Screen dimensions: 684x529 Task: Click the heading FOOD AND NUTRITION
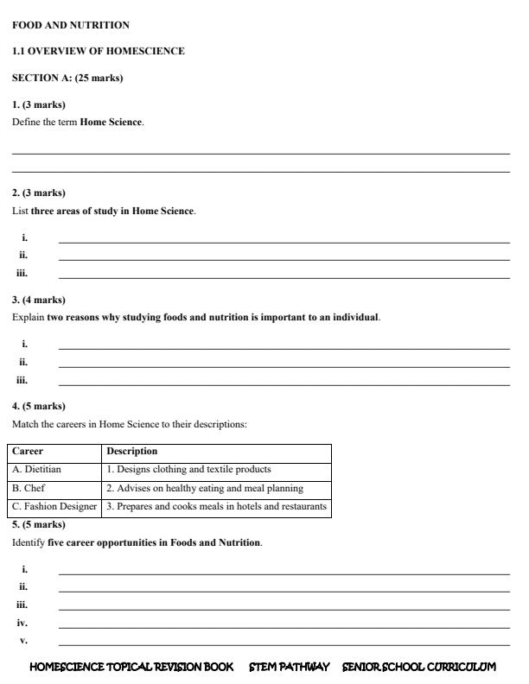click(x=71, y=26)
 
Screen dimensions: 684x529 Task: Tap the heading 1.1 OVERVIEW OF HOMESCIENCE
click(x=99, y=52)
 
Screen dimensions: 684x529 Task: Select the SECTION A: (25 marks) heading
click(x=67, y=79)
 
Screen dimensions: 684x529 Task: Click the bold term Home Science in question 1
click(x=112, y=123)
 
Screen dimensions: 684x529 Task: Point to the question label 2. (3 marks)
click(x=39, y=193)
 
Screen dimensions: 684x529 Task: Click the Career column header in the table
click(x=28, y=452)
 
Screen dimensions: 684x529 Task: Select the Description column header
click(x=132, y=452)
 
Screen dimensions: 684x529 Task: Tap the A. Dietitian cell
click(x=37, y=470)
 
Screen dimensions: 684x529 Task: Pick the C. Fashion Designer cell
click(x=54, y=507)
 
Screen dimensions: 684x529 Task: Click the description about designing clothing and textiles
click(x=188, y=470)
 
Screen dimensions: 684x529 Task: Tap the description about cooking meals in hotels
click(x=216, y=507)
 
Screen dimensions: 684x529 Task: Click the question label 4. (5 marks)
click(x=39, y=406)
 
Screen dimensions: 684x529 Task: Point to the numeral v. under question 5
click(x=23, y=641)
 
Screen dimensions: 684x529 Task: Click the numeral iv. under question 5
click(x=22, y=623)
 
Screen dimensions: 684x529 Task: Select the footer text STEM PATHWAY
click(x=289, y=668)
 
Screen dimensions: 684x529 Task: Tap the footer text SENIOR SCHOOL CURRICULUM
click(x=419, y=668)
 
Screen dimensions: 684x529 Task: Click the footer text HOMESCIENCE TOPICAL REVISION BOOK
click(x=131, y=668)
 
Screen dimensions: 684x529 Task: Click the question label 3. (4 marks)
click(x=39, y=300)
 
